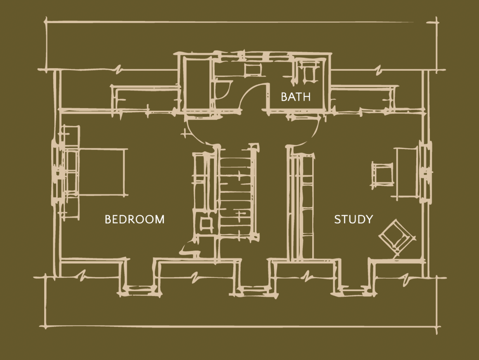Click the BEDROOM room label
[x=135, y=219]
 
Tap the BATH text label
[x=295, y=97]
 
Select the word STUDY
[x=353, y=219]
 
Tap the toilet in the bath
[x=308, y=72]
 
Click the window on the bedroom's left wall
[x=57, y=173]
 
